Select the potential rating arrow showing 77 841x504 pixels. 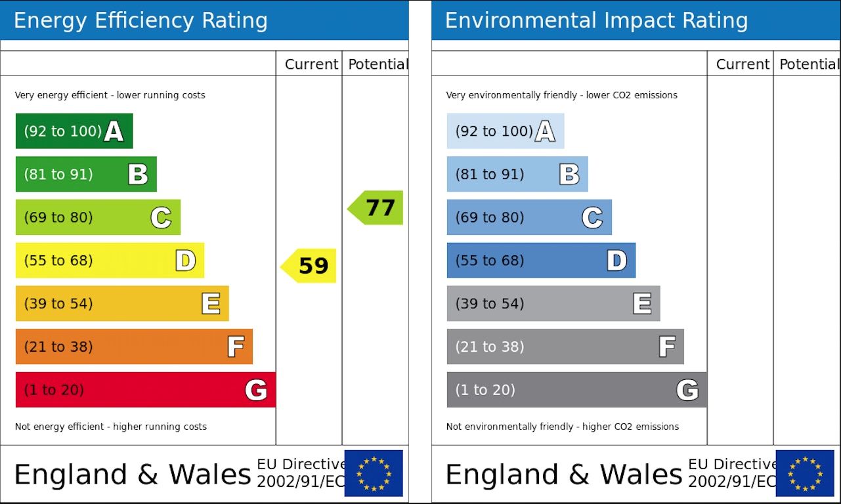376,208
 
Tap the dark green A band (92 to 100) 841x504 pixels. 74,131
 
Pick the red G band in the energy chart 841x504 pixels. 144,390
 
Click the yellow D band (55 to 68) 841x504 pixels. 109,261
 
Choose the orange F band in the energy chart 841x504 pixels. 133,346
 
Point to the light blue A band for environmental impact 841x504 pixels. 505,131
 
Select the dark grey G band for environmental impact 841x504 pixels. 576,390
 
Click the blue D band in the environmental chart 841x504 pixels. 540,261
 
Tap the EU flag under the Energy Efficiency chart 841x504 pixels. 374,473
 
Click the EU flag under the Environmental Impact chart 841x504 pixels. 805,473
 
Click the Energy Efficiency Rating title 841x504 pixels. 140,21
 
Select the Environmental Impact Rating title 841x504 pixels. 596,21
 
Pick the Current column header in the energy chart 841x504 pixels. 311,64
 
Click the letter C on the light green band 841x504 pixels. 161,217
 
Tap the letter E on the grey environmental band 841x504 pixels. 642,303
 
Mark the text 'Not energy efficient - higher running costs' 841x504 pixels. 111,427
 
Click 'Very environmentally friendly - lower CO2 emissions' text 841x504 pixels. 561,95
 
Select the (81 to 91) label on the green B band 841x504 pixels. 58,175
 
